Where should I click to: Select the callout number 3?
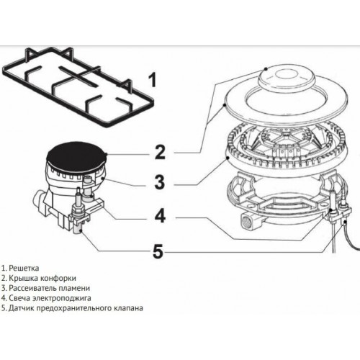(161, 183)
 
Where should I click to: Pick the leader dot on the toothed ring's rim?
(228, 154)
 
